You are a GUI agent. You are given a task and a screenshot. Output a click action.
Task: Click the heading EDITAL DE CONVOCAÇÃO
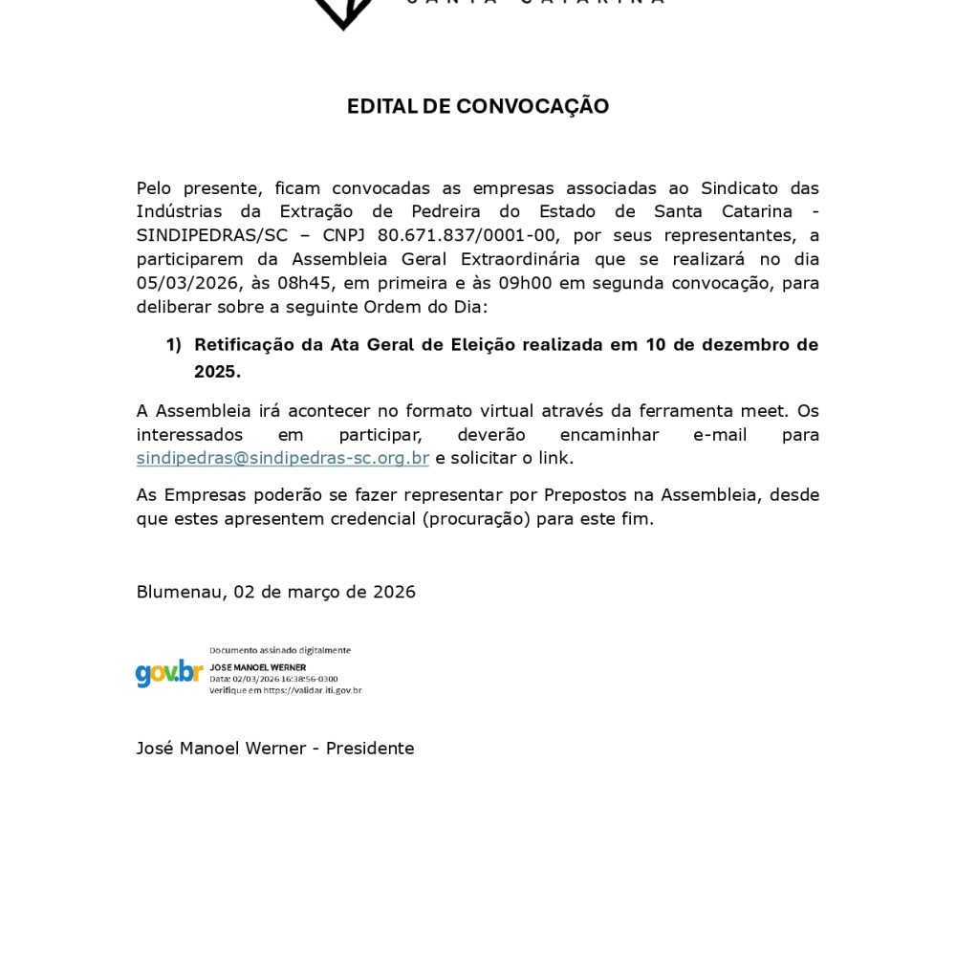(x=478, y=106)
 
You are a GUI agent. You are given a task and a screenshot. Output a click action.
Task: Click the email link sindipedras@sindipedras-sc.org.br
(x=282, y=458)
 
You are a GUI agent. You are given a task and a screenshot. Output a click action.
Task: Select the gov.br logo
(x=169, y=672)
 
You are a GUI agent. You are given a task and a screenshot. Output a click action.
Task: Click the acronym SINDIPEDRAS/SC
(x=211, y=235)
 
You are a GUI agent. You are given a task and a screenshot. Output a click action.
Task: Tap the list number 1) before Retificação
(x=173, y=345)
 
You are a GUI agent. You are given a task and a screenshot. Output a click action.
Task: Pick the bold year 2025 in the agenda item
(x=215, y=372)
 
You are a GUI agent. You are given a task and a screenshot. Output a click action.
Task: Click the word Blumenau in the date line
(x=179, y=592)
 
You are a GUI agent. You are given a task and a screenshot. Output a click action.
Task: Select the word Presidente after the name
(x=370, y=749)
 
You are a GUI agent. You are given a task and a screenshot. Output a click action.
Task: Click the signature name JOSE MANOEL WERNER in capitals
(x=258, y=667)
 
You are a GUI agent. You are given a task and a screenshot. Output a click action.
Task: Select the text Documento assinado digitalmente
(x=280, y=650)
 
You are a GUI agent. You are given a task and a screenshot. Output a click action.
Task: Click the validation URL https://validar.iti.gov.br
(x=313, y=690)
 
